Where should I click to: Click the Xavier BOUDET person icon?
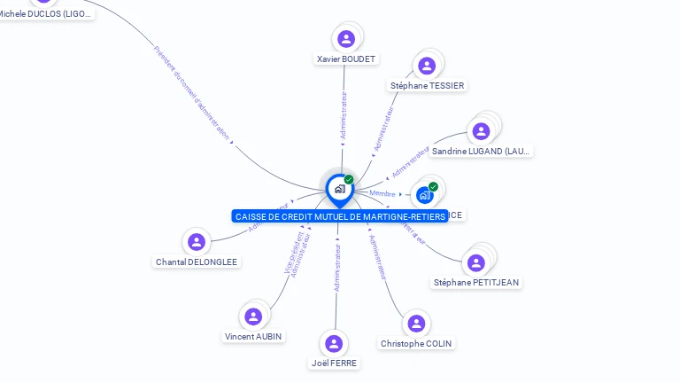click(346, 38)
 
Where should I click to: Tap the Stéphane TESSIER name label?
click(427, 85)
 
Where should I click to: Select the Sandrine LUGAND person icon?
click(481, 131)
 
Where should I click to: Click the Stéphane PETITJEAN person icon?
click(476, 262)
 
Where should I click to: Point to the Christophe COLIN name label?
click(417, 343)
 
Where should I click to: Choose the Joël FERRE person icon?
click(334, 343)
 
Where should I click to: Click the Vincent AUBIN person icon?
click(253, 317)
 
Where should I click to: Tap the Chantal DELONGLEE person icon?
click(197, 242)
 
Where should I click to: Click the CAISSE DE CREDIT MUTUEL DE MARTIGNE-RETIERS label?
click(340, 216)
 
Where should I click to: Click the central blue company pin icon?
click(339, 189)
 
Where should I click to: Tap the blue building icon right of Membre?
click(425, 195)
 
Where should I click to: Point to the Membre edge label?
click(382, 193)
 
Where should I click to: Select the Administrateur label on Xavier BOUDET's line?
click(344, 116)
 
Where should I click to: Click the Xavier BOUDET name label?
click(346, 59)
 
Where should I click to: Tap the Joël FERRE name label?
click(336, 363)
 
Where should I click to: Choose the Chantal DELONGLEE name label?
click(197, 262)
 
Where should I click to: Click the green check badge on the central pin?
click(349, 180)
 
